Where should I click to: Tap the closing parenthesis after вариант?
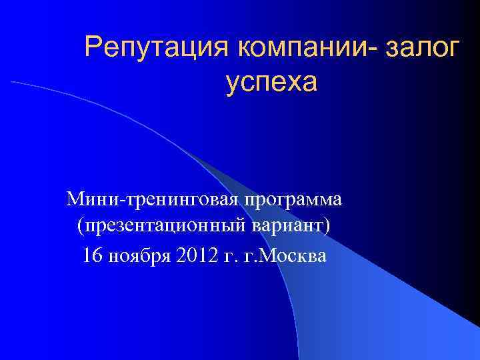coord(327,227)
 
